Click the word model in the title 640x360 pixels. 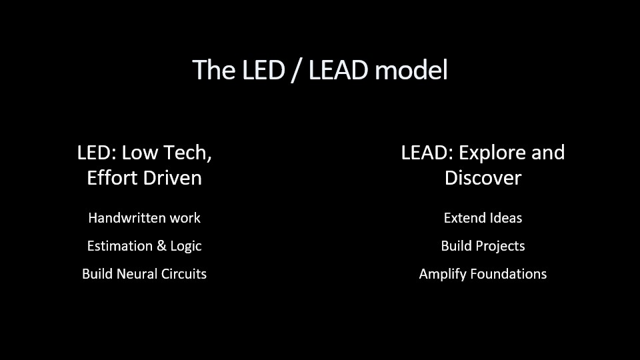click(x=411, y=70)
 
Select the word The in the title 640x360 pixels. click(x=213, y=70)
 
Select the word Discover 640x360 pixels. click(x=483, y=178)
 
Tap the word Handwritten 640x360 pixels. click(x=127, y=218)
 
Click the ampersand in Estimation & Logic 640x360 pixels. click(x=161, y=246)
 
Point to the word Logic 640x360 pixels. click(x=186, y=247)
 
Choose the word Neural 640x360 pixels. click(x=137, y=273)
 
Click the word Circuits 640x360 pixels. click(x=184, y=273)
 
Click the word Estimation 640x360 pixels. click(x=120, y=246)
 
